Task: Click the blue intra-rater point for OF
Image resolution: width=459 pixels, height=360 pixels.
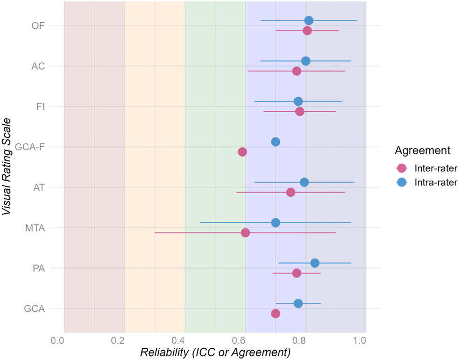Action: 308,21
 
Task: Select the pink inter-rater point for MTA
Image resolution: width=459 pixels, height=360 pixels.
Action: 245,233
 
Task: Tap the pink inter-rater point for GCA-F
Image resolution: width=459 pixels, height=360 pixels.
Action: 242,152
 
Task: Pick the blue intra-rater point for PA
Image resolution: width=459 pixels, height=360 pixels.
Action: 314,263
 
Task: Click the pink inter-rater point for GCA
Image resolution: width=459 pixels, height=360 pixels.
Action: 275,313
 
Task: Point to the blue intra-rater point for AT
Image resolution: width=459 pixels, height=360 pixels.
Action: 304,182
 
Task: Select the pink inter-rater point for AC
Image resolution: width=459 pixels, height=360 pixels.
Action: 297,71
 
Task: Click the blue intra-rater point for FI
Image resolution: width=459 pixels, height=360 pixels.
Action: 298,101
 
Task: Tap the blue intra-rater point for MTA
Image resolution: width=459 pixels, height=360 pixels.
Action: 275,222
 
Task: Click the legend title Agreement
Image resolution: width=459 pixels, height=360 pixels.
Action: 421,151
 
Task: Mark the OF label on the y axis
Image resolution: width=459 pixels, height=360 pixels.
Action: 38,26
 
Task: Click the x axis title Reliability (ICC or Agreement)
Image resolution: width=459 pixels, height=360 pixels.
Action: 215,352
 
